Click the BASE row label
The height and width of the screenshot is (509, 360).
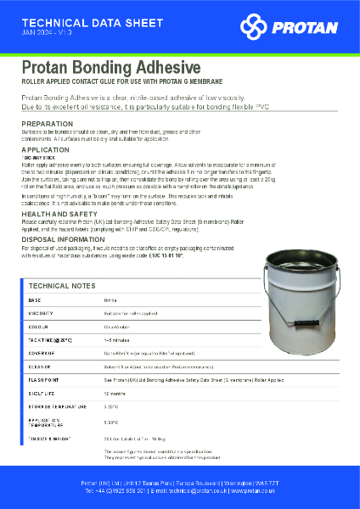coord(35,300)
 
